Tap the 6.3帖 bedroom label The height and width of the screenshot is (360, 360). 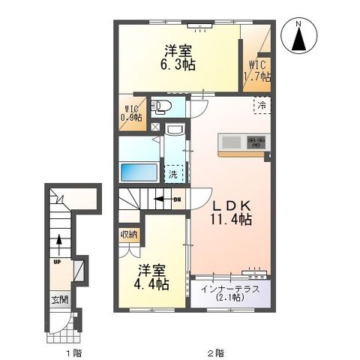(180, 58)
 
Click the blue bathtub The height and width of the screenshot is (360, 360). (139, 171)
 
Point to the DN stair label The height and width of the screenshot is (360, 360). (177, 200)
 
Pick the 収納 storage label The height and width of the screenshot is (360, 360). (128, 234)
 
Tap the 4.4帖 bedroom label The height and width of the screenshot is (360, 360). (151, 277)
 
